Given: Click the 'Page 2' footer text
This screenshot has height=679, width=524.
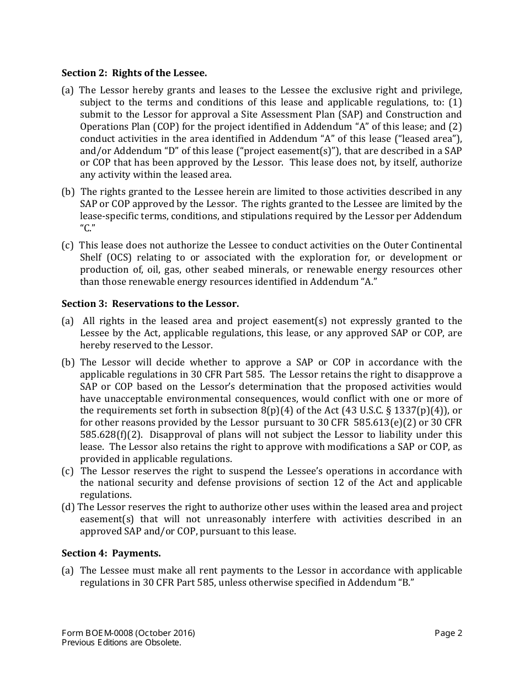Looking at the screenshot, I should (448, 633).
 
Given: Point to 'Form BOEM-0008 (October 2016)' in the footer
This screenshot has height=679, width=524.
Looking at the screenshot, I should (128, 633).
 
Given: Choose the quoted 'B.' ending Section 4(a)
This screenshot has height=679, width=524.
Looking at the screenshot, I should (406, 582).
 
